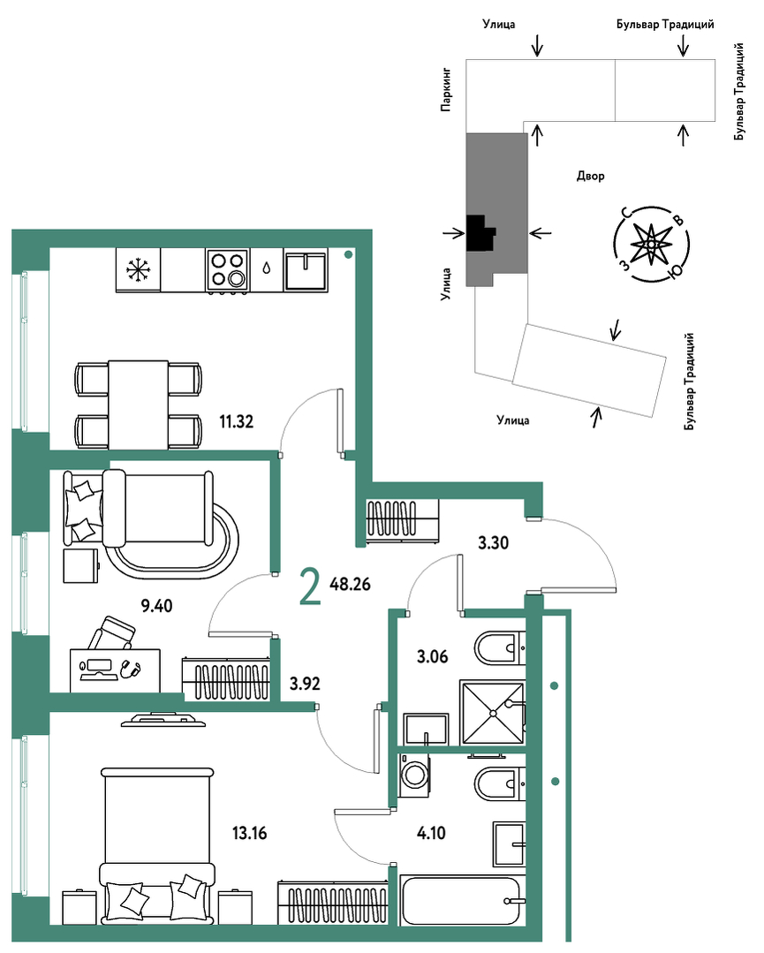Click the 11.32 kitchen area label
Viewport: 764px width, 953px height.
point(237,420)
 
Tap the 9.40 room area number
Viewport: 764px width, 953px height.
point(157,605)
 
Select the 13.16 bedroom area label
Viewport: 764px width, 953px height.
point(250,833)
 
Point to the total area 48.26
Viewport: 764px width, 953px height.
point(350,584)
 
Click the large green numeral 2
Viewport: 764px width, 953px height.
point(310,587)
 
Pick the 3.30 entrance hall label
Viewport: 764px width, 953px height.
point(493,542)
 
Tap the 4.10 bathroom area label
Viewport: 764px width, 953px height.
point(431,833)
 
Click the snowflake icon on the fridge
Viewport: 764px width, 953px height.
point(139,270)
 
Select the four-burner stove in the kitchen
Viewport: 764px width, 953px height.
point(227,270)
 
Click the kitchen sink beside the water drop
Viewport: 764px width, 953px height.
point(306,270)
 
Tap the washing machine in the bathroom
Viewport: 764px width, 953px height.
point(414,775)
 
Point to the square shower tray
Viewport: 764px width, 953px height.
point(492,712)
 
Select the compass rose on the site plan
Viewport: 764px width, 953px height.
point(652,244)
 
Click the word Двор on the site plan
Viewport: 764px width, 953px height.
point(591,177)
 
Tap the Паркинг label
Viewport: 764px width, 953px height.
point(446,90)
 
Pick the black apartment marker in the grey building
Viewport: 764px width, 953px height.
point(480,233)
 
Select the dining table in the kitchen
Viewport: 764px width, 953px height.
point(138,405)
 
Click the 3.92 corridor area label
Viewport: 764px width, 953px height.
point(305,684)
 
